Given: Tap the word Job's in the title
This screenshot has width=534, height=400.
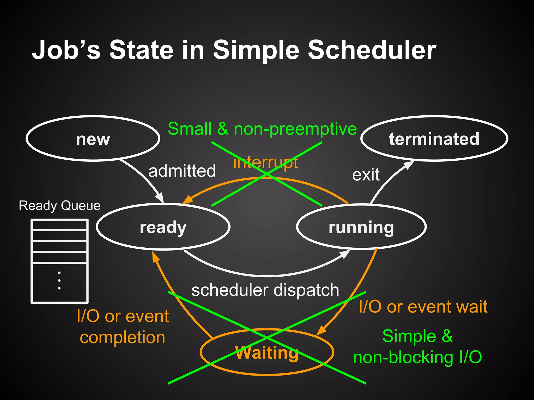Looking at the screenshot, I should pyautogui.click(x=66, y=50).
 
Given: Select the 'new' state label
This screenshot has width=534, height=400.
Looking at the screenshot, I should pyautogui.click(x=93, y=139).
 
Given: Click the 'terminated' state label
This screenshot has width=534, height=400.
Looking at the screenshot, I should pyautogui.click(x=434, y=139).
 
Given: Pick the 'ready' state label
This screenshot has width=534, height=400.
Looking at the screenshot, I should pyautogui.click(x=163, y=228).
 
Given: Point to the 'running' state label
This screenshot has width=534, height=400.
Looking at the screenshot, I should pyautogui.click(x=361, y=228).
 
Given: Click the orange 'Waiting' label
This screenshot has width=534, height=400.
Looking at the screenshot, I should pyautogui.click(x=267, y=353).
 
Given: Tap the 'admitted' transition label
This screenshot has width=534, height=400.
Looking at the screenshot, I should pyautogui.click(x=182, y=171).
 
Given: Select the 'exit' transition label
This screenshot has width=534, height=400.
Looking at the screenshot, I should pyautogui.click(x=366, y=174).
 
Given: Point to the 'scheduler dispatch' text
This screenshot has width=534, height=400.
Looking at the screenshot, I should pyautogui.click(x=265, y=290).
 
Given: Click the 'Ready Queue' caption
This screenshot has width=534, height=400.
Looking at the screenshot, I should pyautogui.click(x=60, y=206).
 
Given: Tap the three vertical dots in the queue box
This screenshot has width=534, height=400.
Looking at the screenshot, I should pyautogui.click(x=59, y=280).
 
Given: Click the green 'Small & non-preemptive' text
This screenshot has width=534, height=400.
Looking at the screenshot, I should pyautogui.click(x=262, y=129).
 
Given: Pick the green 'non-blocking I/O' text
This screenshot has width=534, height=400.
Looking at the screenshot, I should pyautogui.click(x=417, y=357).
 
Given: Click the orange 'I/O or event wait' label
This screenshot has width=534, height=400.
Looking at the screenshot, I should pyautogui.click(x=423, y=307).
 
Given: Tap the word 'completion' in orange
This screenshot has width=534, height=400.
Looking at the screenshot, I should pyautogui.click(x=123, y=337).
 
